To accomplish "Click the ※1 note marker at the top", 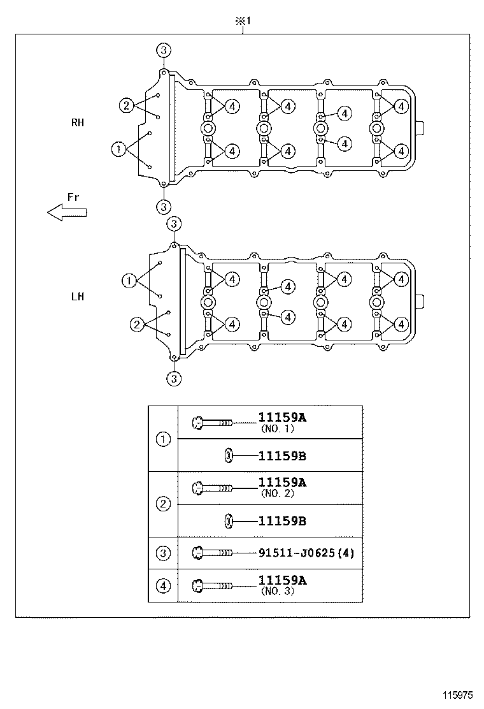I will (244, 21).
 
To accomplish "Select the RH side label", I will (78, 122).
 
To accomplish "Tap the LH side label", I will (78, 296).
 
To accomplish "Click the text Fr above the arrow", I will (73, 198).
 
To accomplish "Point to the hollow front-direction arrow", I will (67, 213).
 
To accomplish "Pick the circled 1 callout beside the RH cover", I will (118, 150).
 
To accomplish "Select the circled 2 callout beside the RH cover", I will (127, 105).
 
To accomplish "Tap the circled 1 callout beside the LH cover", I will (129, 281).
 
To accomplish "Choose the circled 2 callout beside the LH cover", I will (136, 325).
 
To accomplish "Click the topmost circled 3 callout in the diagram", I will (164, 50).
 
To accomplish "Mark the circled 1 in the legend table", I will (164, 439).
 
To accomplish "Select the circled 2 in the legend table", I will (164, 504).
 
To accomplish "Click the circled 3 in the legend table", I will (164, 553).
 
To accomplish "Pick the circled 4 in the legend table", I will (164, 585).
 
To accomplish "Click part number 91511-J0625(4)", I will (306, 553).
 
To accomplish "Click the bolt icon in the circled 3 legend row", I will (210, 553).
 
